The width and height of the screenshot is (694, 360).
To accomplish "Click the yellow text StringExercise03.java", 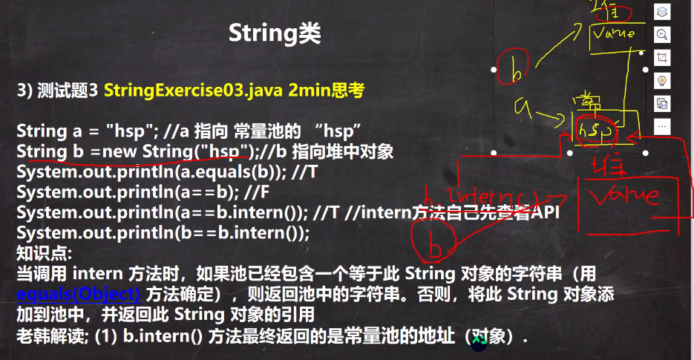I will click(x=192, y=91).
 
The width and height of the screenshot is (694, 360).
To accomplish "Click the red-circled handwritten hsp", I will click(x=596, y=129).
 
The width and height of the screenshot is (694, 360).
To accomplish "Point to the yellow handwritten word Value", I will click(x=613, y=33).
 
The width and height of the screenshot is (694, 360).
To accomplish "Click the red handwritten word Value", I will click(x=624, y=195).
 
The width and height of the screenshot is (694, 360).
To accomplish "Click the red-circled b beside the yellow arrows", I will click(x=515, y=69).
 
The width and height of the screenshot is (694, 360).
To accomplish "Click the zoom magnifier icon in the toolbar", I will click(x=662, y=34).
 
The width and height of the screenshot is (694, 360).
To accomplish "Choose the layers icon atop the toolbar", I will click(x=662, y=11).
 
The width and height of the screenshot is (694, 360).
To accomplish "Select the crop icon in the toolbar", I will click(x=662, y=57).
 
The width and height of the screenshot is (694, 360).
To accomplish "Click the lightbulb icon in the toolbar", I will click(x=662, y=80).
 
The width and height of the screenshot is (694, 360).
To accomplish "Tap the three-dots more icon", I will click(x=662, y=126).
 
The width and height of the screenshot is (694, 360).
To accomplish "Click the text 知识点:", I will click(x=44, y=253).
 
